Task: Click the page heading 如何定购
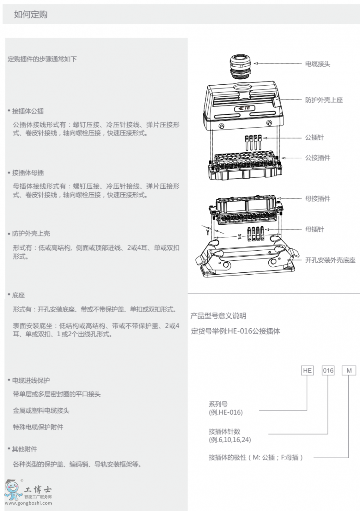[x=30, y=14]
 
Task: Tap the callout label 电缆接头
[x=318, y=64]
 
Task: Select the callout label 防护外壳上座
[x=324, y=100]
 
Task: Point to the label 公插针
[x=314, y=138]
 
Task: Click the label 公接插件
[x=318, y=158]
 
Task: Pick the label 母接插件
[x=318, y=198]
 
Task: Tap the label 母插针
[x=314, y=229]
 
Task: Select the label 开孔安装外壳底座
[x=330, y=260]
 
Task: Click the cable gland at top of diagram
[x=240, y=66]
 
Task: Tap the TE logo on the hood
[x=244, y=108]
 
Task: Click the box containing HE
[x=307, y=371]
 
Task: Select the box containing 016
[x=328, y=371]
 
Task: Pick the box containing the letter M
[x=349, y=371]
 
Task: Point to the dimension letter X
[x=240, y=237]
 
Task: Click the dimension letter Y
[x=208, y=232]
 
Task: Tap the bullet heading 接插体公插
[x=28, y=111]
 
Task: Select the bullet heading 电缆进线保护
[x=31, y=380]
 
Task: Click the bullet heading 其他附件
[x=24, y=449]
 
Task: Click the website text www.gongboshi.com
[x=28, y=503]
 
